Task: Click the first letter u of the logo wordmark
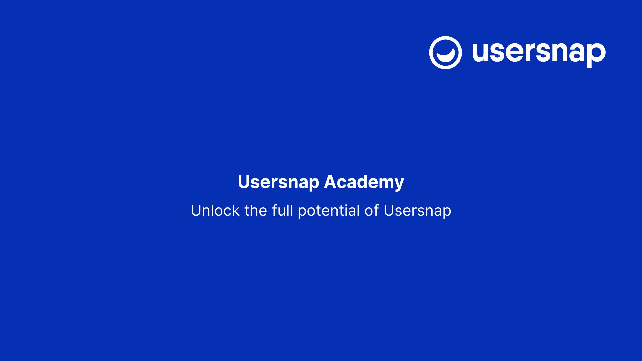[x=482, y=52]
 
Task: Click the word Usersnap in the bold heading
[x=279, y=183]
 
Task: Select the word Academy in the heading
[x=364, y=183]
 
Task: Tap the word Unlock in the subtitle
[x=215, y=211]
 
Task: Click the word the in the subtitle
[x=256, y=211]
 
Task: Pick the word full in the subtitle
[x=283, y=211]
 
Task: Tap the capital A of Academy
[x=330, y=182]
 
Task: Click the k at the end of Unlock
[x=236, y=211]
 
